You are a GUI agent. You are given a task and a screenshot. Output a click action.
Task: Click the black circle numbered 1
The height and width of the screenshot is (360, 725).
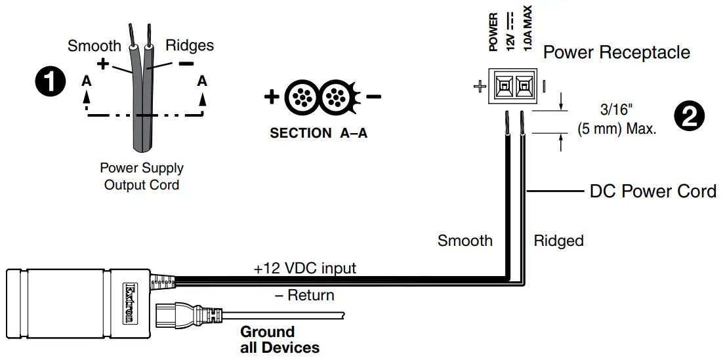pyautogui.click(x=51, y=83)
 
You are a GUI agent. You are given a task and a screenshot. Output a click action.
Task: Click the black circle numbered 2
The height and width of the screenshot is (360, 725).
pyautogui.click(x=690, y=116)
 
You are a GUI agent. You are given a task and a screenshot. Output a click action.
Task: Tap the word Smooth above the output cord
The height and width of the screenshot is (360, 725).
pyautogui.click(x=94, y=46)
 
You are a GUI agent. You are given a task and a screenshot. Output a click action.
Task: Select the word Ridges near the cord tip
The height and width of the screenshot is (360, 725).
pyautogui.click(x=190, y=45)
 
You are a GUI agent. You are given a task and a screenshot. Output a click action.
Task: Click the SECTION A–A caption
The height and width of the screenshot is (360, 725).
pyautogui.click(x=319, y=133)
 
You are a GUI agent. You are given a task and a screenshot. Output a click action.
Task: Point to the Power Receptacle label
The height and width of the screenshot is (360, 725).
pyautogui.click(x=616, y=52)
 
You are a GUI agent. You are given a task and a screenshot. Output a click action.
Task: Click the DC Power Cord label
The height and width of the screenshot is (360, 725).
pyautogui.click(x=653, y=191)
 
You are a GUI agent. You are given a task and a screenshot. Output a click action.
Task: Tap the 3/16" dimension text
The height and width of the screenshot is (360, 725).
pyautogui.click(x=617, y=110)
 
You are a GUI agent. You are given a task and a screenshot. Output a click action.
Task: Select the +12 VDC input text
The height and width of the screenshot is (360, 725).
pyautogui.click(x=304, y=268)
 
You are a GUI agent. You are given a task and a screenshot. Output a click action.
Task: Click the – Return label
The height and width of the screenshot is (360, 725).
pyautogui.click(x=304, y=295)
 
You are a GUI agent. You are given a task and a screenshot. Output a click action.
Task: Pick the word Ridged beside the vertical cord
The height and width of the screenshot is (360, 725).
pyautogui.click(x=558, y=241)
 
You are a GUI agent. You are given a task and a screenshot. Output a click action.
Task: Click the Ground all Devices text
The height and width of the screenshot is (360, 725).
pyautogui.click(x=280, y=340)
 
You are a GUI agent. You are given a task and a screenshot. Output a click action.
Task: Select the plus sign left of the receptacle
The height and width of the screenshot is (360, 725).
pyautogui.click(x=480, y=87)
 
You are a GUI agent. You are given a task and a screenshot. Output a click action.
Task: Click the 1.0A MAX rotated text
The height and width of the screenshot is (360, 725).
pyautogui.click(x=528, y=28)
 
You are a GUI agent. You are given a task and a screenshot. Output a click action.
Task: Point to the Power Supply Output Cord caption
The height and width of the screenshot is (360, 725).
pyautogui.click(x=142, y=176)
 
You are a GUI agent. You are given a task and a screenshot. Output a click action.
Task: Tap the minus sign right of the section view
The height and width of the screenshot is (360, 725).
pyautogui.click(x=373, y=96)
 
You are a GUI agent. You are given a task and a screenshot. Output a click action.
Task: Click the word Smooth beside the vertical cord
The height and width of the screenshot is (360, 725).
pyautogui.click(x=465, y=240)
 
